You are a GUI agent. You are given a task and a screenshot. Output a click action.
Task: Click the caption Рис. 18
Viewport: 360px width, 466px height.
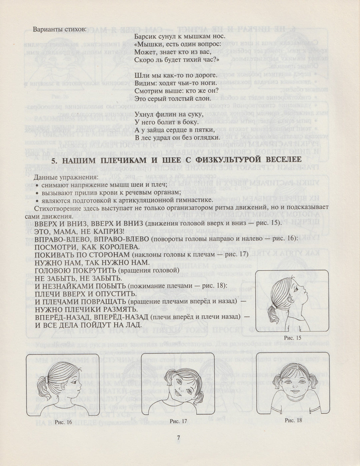293,420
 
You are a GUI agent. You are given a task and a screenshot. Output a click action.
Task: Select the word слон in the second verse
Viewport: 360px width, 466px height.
203,99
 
